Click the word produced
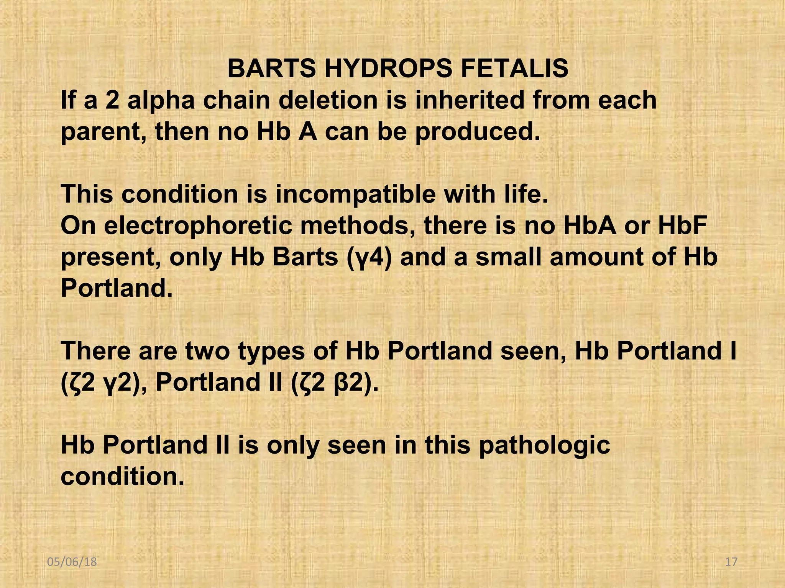click(478, 132)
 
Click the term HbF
click(682, 225)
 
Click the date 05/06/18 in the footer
click(72, 562)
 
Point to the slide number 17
click(731, 562)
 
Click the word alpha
click(161, 100)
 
